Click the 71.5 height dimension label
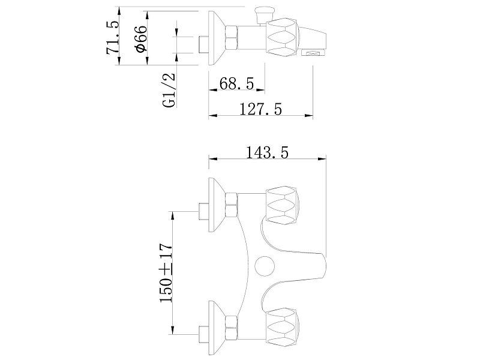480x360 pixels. [112, 37]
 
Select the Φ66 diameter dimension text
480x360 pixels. [142, 39]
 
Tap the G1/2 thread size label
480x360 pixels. [169, 91]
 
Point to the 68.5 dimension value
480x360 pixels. [236, 83]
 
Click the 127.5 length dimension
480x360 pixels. [260, 109]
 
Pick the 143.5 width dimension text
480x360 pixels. [267, 152]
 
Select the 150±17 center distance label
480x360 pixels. [166, 273]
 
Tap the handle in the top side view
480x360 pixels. [281, 37]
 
